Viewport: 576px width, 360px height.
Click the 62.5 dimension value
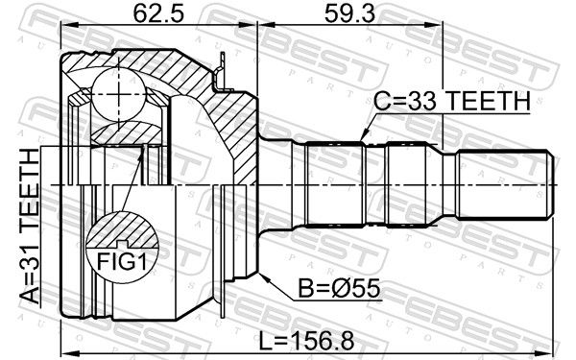[x=158, y=13]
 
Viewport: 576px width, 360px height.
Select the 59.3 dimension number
[x=349, y=13]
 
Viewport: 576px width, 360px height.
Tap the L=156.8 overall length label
[x=306, y=341]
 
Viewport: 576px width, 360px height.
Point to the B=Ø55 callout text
[x=339, y=288]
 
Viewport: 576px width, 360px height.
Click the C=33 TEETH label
[x=452, y=101]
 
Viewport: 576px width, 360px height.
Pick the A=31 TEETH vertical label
[x=29, y=227]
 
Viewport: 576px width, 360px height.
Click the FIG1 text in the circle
[x=121, y=262]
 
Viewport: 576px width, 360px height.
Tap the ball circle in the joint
[x=119, y=94]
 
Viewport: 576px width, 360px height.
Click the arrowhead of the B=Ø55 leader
[x=263, y=276]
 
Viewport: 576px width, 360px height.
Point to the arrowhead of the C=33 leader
[x=364, y=136]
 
